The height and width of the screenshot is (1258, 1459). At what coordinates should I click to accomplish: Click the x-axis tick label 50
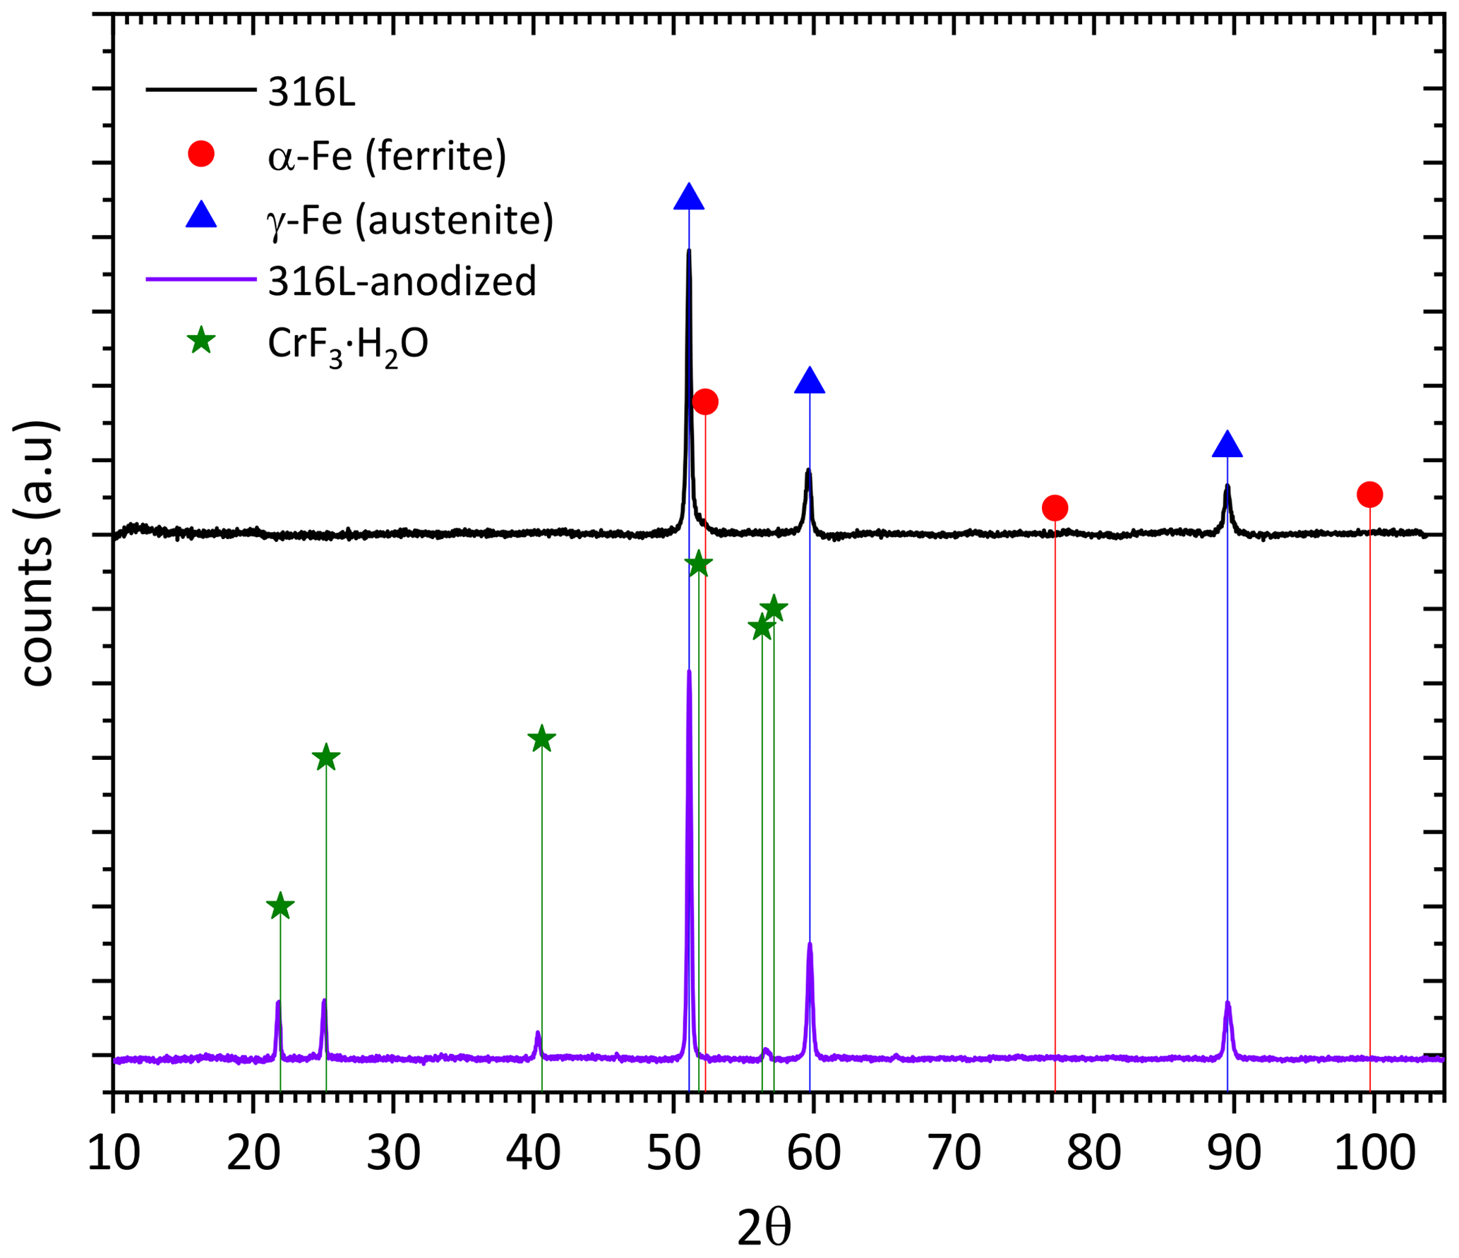(674, 1154)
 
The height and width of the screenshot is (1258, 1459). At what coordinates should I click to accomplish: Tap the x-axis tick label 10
(114, 1154)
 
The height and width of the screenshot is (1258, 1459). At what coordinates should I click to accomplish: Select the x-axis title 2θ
(764, 1228)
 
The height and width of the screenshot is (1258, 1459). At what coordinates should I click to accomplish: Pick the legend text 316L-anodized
(402, 281)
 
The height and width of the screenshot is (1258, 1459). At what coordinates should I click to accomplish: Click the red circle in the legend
(201, 154)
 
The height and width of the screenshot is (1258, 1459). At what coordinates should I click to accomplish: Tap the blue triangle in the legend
(201, 215)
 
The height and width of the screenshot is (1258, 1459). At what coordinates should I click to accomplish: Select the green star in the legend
(201, 341)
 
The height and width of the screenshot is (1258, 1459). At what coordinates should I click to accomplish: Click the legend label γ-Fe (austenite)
(409, 219)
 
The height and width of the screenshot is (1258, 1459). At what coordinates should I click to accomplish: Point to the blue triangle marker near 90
(1227, 444)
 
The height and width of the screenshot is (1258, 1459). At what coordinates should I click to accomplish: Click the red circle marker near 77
(1055, 507)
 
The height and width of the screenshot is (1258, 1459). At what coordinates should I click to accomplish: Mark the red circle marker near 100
(1369, 495)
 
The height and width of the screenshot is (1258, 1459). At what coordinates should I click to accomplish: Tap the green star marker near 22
(280, 907)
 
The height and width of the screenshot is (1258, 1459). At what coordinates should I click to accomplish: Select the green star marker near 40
(541, 739)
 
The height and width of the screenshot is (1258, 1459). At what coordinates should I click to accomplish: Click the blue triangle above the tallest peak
(689, 198)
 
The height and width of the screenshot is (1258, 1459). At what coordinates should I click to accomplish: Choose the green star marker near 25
(325, 758)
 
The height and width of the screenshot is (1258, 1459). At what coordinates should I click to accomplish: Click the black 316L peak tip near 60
(808, 471)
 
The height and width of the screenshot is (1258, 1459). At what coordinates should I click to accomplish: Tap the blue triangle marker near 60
(810, 381)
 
